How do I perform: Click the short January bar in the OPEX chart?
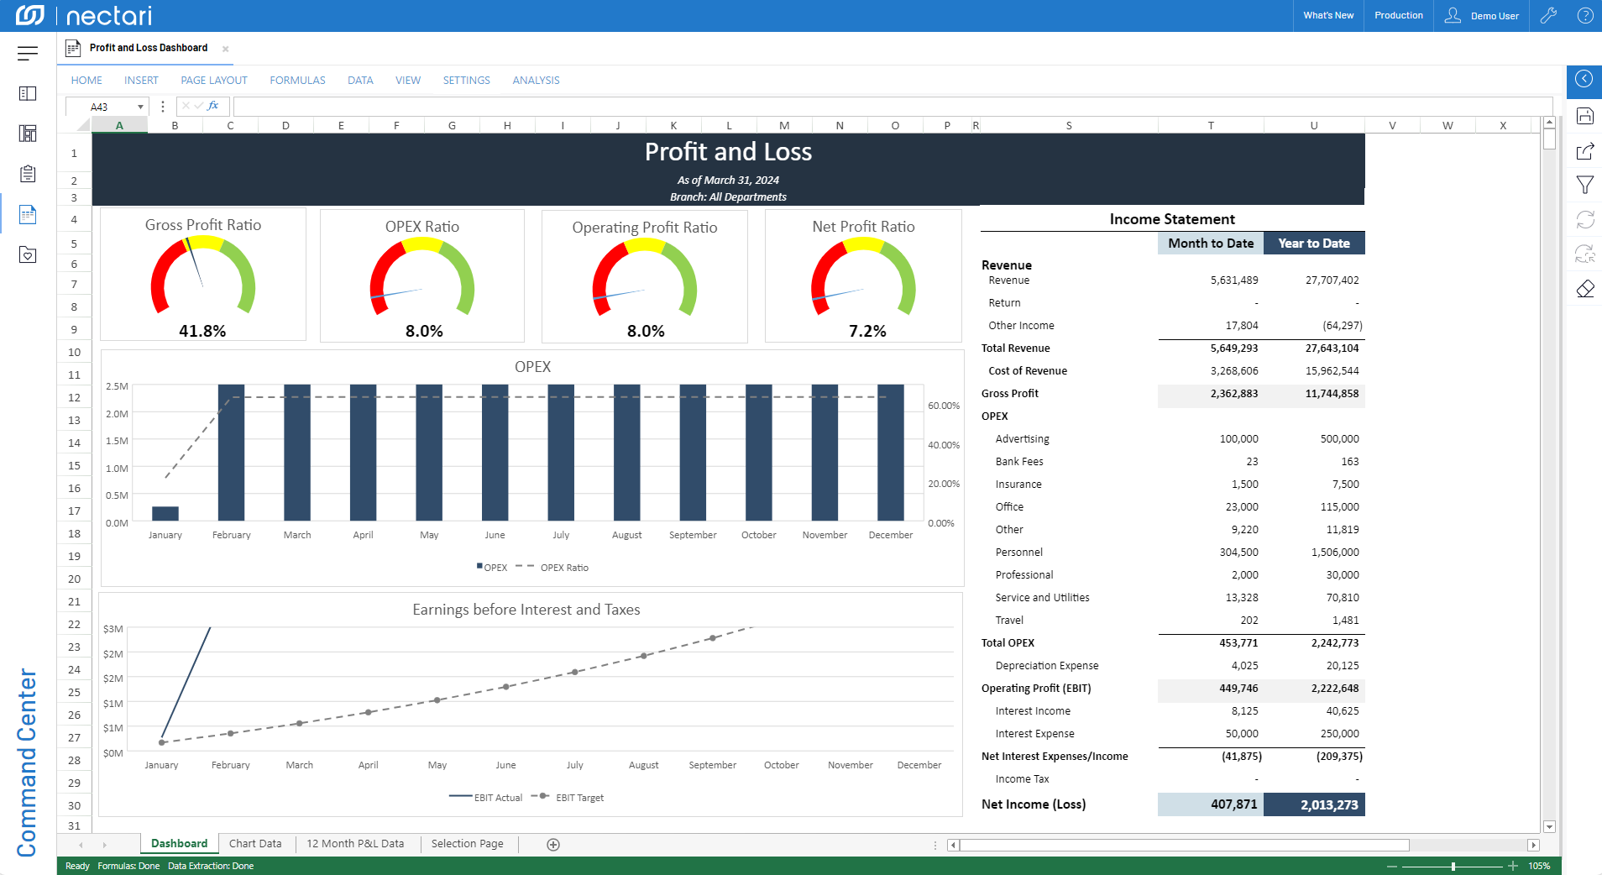click(x=165, y=513)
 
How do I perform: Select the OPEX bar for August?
click(x=627, y=453)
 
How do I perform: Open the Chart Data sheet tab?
click(x=255, y=844)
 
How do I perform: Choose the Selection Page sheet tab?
click(x=467, y=844)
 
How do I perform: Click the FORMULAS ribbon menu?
click(x=297, y=81)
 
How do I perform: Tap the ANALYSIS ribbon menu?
click(x=536, y=81)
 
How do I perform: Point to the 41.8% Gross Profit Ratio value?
click(x=202, y=331)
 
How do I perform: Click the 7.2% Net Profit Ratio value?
click(x=867, y=331)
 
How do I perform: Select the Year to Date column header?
click(x=1314, y=244)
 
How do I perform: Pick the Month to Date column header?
click(x=1211, y=244)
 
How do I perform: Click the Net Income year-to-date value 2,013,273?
click(x=1329, y=804)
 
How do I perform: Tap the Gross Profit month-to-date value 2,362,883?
click(x=1234, y=394)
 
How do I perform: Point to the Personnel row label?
click(x=1019, y=553)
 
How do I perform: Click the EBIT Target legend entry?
click(x=579, y=798)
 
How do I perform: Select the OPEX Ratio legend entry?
click(x=564, y=568)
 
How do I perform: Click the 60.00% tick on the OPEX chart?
click(x=944, y=406)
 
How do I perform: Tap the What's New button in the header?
click(x=1328, y=16)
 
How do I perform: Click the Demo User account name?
click(x=1495, y=16)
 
